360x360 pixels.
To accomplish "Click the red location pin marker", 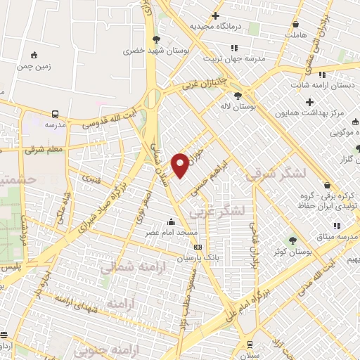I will coord(181,165).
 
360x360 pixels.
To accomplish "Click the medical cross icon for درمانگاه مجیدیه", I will coord(215,15).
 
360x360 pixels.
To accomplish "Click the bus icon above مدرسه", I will coord(55,113).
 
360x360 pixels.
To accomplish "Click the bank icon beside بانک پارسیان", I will coord(198,247).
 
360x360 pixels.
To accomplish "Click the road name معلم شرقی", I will coord(44,150).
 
